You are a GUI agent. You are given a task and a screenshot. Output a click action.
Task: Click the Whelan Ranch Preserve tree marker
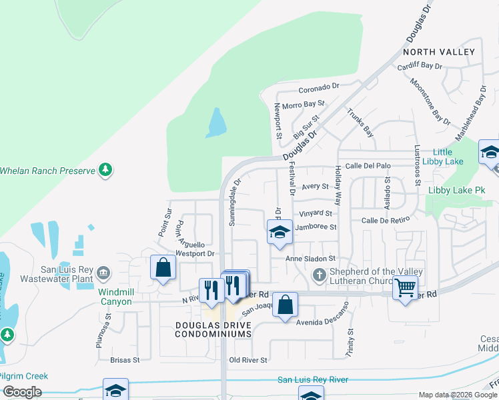coord(105,170)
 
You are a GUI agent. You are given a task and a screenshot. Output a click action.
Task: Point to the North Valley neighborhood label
coord(439,52)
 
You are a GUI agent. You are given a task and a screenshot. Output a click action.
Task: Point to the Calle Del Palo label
coord(368,166)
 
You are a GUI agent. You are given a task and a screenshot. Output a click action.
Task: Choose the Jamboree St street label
coord(316,227)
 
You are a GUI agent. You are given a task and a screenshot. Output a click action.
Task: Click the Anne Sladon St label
coord(310,259)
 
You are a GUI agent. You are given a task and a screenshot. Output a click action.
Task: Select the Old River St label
coord(248,360)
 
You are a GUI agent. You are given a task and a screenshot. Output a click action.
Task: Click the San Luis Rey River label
coord(313,379)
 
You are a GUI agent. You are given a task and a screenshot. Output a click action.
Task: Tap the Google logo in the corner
coord(22,392)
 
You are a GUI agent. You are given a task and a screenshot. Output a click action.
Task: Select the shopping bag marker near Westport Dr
coord(163,269)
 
